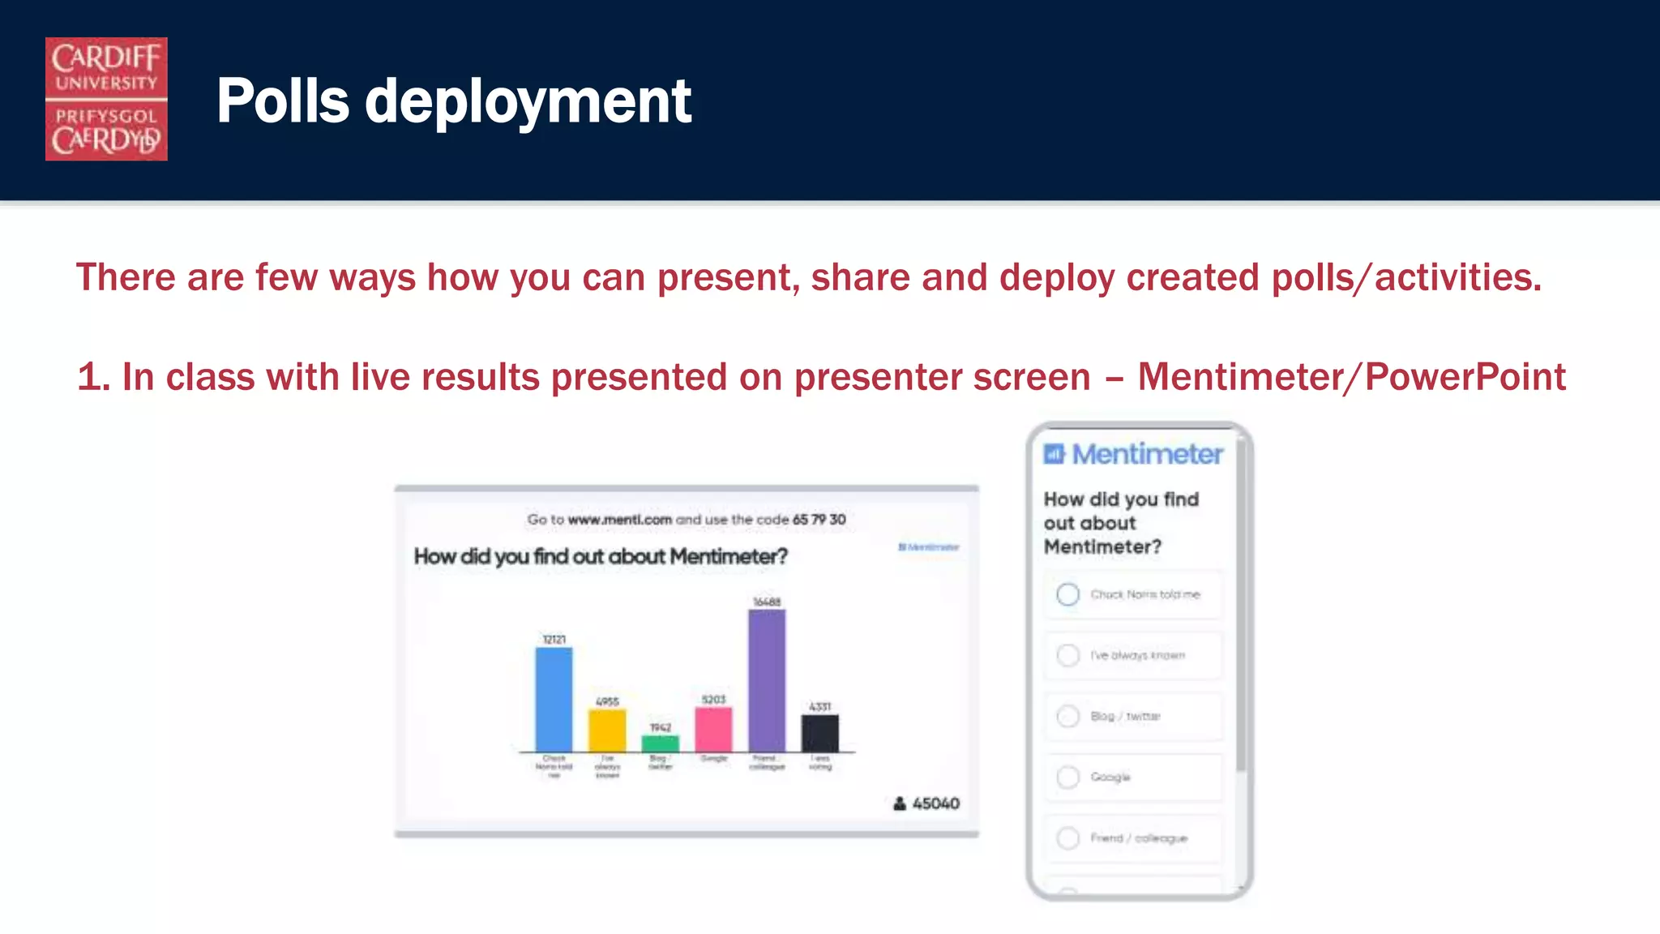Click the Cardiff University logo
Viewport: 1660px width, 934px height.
tap(106, 99)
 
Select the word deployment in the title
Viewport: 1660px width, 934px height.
tap(528, 102)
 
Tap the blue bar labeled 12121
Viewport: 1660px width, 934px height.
tap(554, 699)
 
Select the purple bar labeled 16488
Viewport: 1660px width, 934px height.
tap(766, 680)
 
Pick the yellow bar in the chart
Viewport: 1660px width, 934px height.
tap(607, 730)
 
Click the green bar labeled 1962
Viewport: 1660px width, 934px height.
tap(660, 743)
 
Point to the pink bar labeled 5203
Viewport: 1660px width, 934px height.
tap(713, 729)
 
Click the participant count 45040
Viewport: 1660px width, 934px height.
tap(935, 803)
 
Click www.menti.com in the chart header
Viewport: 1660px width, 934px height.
tap(619, 519)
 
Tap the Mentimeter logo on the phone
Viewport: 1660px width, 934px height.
tap(1133, 454)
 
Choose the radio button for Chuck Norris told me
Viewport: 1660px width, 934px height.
tap(1067, 594)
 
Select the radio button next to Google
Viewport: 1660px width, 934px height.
tap(1067, 777)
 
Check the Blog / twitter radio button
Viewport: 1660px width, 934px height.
tap(1067, 716)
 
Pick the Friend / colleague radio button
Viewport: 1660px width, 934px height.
tap(1067, 838)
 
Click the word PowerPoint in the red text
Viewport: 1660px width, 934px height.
tap(1465, 377)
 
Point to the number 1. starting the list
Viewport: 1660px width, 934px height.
tap(93, 378)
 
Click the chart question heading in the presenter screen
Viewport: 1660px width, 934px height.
tap(600, 557)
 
